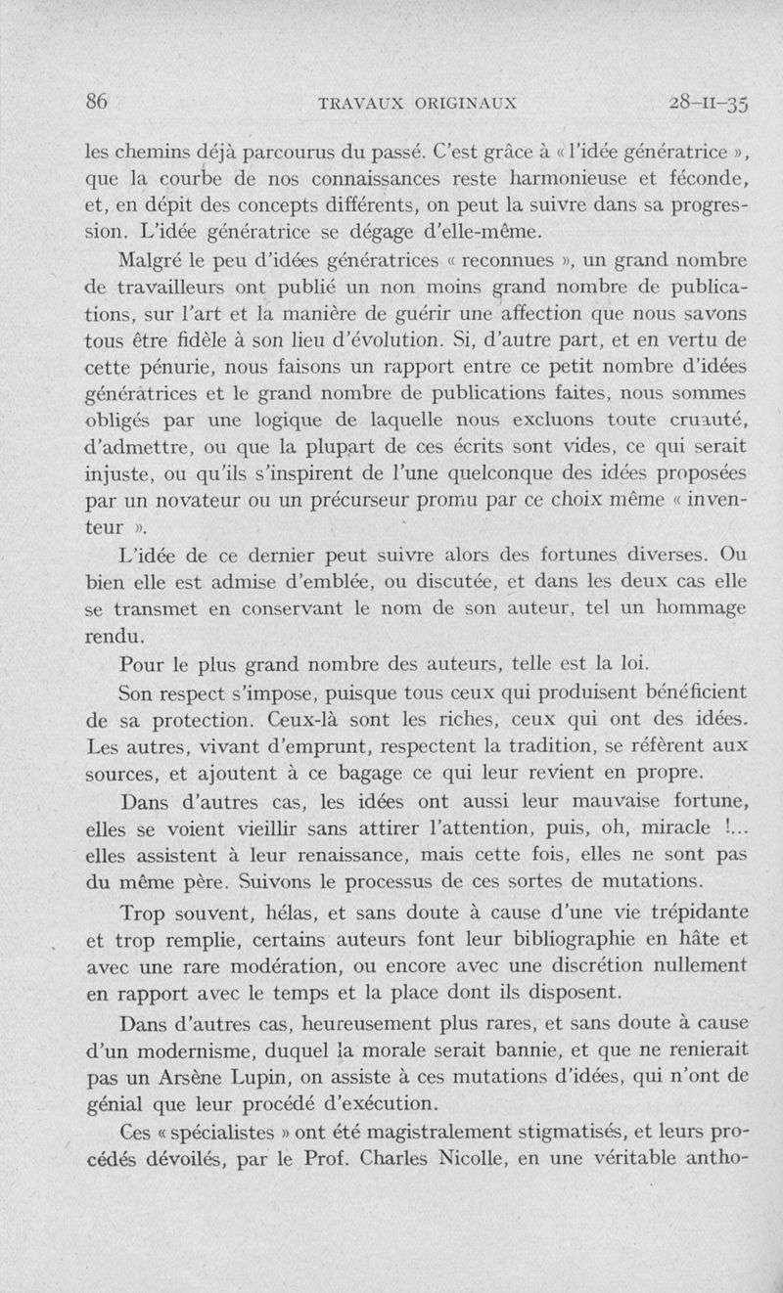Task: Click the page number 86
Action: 96,101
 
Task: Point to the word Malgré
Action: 148,263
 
